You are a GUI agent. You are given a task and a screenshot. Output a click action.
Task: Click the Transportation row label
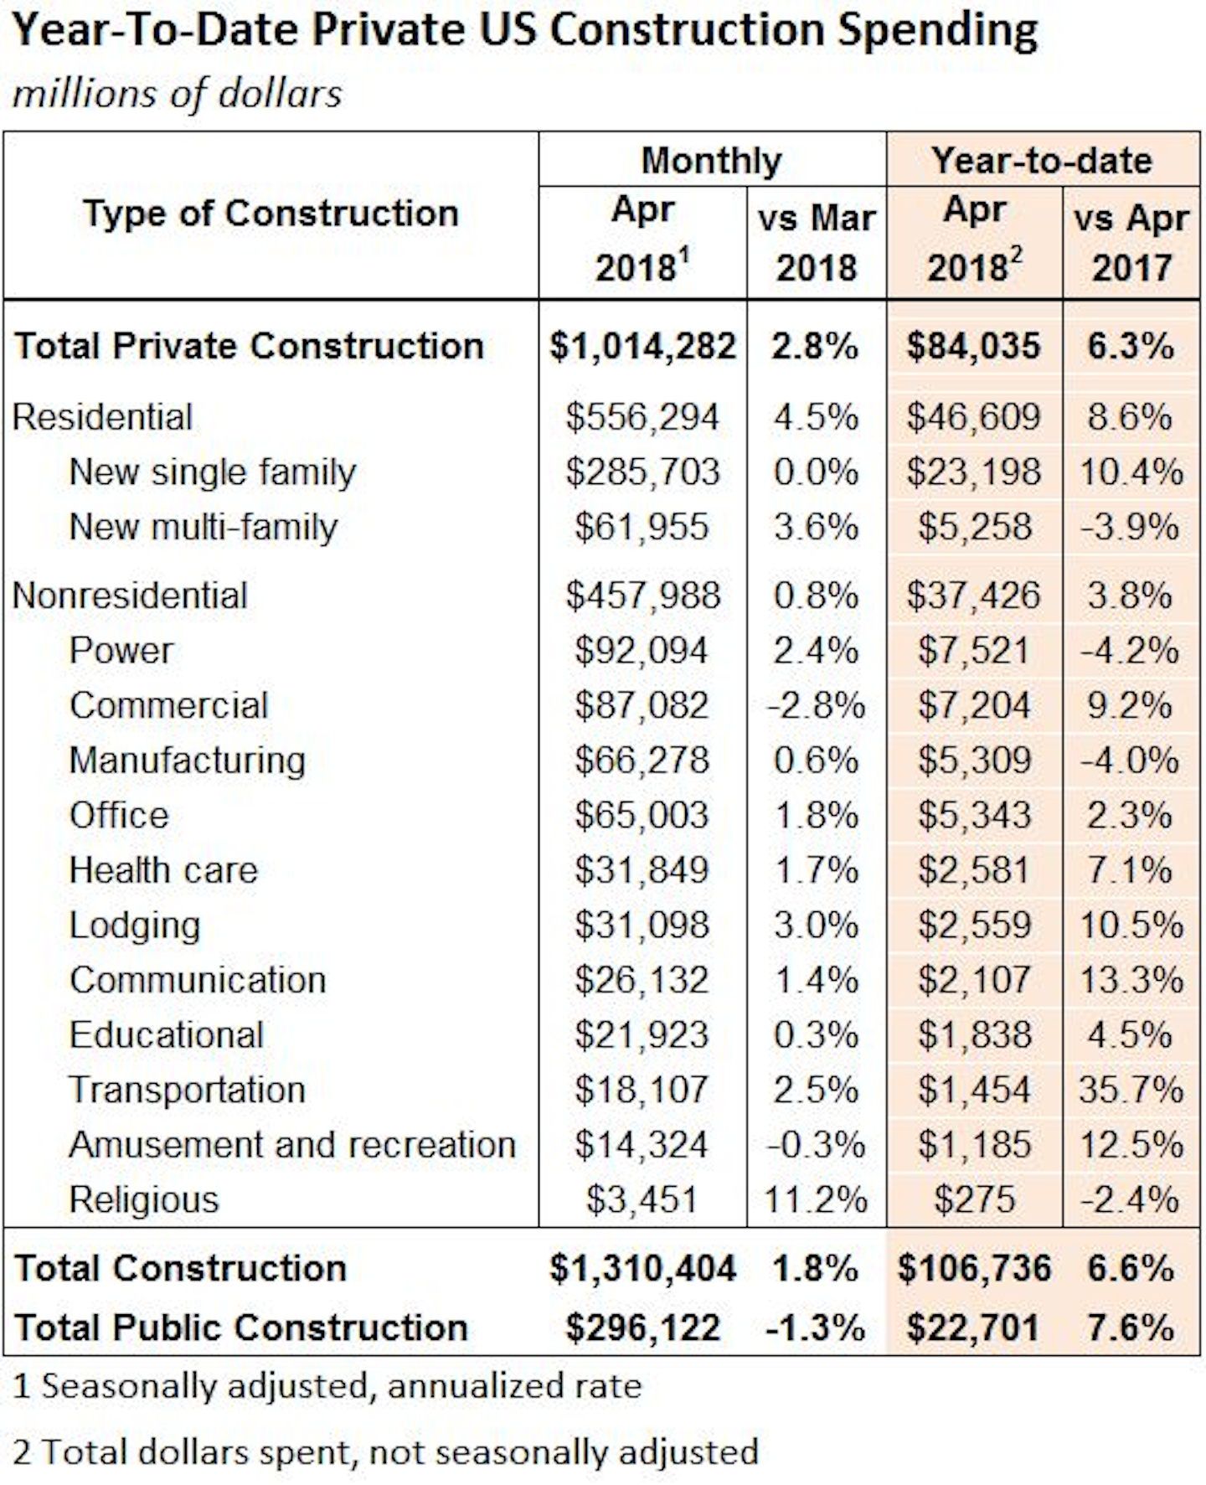(187, 1090)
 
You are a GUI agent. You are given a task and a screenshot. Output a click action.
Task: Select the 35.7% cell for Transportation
(1130, 1090)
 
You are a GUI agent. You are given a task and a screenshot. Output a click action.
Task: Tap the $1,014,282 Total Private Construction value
(642, 346)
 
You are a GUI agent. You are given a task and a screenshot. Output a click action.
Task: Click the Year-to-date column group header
(1042, 160)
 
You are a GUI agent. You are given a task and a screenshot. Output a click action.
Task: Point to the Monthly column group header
(711, 160)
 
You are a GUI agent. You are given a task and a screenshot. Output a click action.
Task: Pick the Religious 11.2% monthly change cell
(815, 1199)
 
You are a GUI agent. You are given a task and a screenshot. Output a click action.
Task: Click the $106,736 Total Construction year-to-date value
(973, 1268)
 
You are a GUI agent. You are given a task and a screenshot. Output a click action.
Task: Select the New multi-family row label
(203, 527)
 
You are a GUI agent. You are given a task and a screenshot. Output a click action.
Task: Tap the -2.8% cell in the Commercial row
(815, 705)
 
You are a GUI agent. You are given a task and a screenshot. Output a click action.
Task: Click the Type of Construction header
(271, 214)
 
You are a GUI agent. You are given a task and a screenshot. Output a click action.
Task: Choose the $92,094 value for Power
(642, 651)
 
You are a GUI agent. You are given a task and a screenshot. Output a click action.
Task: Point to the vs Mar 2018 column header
(817, 243)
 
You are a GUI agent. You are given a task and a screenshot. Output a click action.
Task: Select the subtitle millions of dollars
(177, 93)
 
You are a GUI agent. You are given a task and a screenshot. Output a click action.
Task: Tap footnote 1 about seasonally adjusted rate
(327, 1386)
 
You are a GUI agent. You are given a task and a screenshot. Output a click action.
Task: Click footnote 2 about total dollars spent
(385, 1451)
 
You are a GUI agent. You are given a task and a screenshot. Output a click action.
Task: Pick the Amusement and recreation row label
(291, 1145)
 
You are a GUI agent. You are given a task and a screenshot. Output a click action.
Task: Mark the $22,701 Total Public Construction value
(973, 1328)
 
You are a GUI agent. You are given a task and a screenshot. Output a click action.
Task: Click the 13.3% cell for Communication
(1130, 980)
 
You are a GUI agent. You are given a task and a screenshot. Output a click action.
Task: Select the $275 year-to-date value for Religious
(974, 1199)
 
